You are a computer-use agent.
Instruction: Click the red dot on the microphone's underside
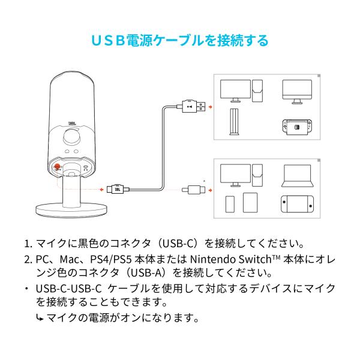click(x=57, y=167)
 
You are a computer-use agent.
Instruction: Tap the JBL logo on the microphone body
click(x=72, y=124)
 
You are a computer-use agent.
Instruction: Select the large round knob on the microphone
click(x=71, y=137)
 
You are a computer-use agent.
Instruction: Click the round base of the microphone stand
click(x=71, y=211)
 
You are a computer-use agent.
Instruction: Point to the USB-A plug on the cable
click(x=194, y=106)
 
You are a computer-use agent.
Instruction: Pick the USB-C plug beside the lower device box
click(x=194, y=190)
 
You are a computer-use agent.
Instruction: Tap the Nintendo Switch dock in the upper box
click(x=297, y=127)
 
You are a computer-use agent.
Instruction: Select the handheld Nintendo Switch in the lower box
click(x=298, y=204)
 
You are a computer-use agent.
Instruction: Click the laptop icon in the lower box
click(x=298, y=176)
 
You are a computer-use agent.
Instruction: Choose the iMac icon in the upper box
click(x=297, y=92)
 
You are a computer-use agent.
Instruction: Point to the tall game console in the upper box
click(x=234, y=121)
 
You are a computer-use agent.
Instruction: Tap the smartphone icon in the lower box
click(x=230, y=204)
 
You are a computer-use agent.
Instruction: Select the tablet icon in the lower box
click(x=250, y=203)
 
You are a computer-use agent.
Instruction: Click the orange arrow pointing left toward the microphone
click(x=101, y=190)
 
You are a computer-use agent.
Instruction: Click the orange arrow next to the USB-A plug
click(x=210, y=107)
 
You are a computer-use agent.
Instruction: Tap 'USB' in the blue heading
click(x=108, y=41)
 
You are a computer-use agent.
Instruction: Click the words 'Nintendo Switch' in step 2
click(x=231, y=259)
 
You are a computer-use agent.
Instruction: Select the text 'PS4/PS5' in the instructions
click(x=110, y=260)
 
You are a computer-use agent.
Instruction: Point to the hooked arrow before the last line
click(x=40, y=318)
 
